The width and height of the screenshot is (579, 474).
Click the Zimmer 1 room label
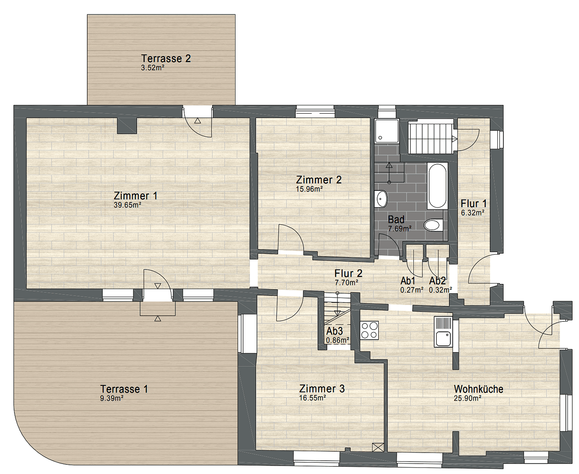(135, 196)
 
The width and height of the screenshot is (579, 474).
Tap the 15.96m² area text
(309, 190)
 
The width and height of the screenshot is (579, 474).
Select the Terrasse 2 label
(166, 58)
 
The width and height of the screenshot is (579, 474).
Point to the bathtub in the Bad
(437, 185)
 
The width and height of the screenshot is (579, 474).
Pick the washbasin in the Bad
(381, 198)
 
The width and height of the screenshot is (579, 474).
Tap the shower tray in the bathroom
(387, 131)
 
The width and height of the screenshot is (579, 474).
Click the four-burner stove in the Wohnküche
(369, 330)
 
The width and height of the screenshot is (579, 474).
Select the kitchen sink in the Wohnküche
(443, 332)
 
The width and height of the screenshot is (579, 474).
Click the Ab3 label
(334, 331)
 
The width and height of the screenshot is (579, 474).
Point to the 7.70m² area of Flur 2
(346, 283)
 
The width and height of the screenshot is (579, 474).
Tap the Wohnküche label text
(478, 389)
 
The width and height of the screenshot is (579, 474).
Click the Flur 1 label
(474, 204)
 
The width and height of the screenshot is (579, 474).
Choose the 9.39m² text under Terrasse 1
(112, 399)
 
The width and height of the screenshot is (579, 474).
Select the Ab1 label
(408, 281)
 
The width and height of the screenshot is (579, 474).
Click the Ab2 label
(438, 281)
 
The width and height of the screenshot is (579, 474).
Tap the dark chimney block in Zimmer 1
(127, 126)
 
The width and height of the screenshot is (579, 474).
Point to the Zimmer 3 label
(322, 389)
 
